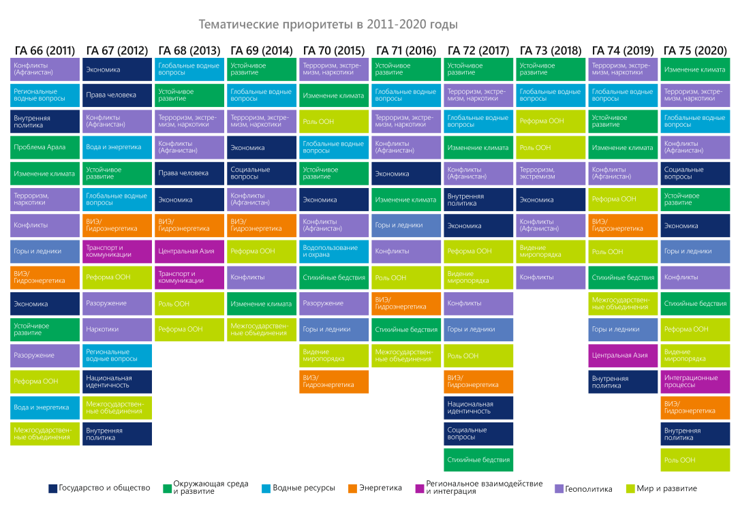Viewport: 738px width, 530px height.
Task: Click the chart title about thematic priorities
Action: tap(328, 25)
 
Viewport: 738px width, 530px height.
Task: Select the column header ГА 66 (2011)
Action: tap(45, 50)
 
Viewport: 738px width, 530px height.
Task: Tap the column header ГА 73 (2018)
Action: tap(551, 50)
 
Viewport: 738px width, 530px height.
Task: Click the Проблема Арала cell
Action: tap(45, 147)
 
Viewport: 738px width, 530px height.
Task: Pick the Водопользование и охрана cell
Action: tap(334, 251)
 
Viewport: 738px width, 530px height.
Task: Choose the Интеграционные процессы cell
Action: tap(695, 381)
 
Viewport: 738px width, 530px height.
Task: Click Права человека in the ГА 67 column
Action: tap(117, 95)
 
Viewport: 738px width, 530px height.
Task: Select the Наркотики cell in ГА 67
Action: tap(117, 330)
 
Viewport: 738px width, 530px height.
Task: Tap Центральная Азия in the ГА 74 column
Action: tap(623, 356)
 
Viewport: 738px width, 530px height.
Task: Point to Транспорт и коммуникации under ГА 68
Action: tap(189, 277)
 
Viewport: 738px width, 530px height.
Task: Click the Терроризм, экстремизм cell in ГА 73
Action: tap(551, 173)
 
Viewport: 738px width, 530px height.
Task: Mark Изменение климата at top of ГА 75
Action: tap(695, 69)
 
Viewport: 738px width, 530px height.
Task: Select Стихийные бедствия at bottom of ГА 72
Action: tap(478, 460)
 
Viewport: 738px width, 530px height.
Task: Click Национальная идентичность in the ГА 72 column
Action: tap(478, 407)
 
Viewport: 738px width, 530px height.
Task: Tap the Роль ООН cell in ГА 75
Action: tap(695, 460)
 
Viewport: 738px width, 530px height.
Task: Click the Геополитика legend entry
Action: tap(583, 488)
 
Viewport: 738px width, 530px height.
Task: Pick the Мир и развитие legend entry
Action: tap(666, 488)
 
